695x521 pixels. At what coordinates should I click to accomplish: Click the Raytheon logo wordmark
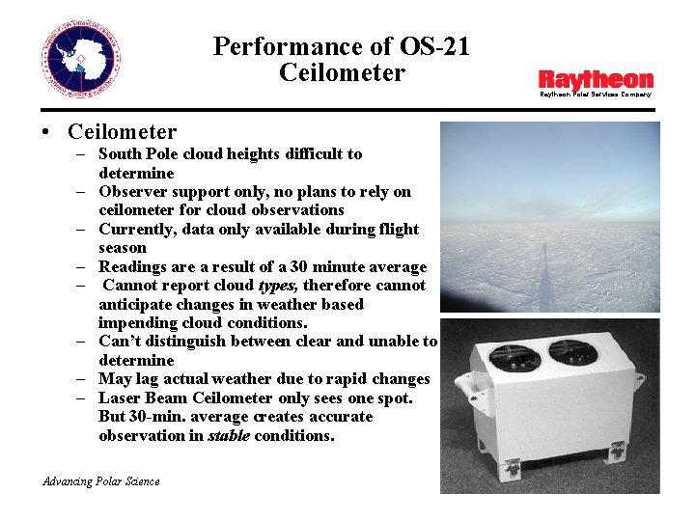coord(596,80)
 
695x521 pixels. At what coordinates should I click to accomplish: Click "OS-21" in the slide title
coord(433,45)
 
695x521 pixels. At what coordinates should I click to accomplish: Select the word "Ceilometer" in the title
coord(342,72)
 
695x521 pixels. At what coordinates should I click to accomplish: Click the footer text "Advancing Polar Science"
coord(101,481)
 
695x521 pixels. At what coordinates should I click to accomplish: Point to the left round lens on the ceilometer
coord(514,357)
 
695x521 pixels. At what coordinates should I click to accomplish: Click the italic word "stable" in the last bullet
coord(229,435)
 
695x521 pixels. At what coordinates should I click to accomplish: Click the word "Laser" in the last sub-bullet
coord(121,398)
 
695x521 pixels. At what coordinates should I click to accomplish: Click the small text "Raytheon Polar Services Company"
coord(595,95)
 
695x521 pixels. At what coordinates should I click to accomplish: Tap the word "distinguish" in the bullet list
coord(182,342)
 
